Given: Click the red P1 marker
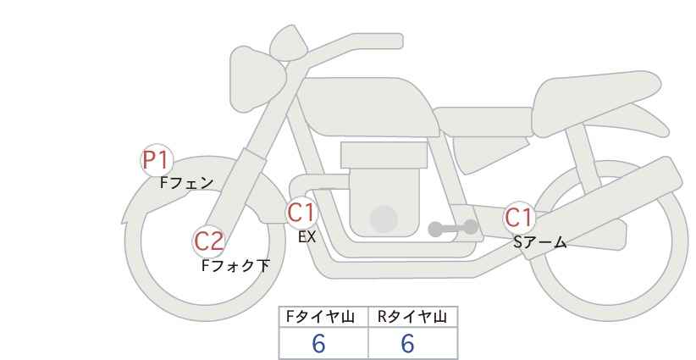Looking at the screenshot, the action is (x=157, y=161).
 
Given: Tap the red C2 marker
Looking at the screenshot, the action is (x=208, y=242).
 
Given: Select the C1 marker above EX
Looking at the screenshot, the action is (x=301, y=213).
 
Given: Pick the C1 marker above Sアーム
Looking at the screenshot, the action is (x=519, y=218).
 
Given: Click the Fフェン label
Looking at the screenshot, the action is (x=187, y=183).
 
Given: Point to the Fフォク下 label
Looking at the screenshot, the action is (x=235, y=265).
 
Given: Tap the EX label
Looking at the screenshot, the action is (x=307, y=237).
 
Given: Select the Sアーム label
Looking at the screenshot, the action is (x=540, y=242).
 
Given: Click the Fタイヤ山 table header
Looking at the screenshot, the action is (x=320, y=317).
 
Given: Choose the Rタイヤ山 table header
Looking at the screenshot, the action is (x=412, y=317).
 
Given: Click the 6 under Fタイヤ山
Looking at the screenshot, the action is (x=318, y=343).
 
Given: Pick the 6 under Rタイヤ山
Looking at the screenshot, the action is (x=407, y=343).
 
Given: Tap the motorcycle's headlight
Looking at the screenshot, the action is (x=257, y=80).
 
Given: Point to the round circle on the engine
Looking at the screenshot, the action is (x=384, y=219).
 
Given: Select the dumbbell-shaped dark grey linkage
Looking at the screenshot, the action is (x=453, y=228).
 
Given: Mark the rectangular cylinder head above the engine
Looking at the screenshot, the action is (x=384, y=155).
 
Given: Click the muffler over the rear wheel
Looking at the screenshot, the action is (x=608, y=200).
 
